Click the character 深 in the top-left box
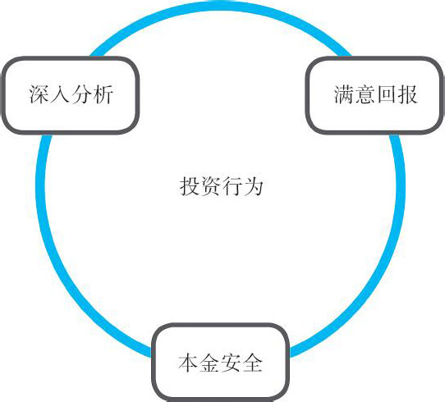click(x=39, y=94)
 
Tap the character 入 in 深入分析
click(x=60, y=94)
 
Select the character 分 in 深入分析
click(x=81, y=94)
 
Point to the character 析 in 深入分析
click(x=103, y=94)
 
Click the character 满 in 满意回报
click(x=344, y=94)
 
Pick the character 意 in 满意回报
click(x=365, y=94)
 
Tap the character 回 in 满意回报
click(x=386, y=94)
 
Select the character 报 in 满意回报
click(x=407, y=94)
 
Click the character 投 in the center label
click(x=190, y=186)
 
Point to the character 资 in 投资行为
click(x=211, y=186)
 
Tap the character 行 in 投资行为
click(x=232, y=186)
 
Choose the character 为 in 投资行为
click(x=253, y=186)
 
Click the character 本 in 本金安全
click(x=189, y=363)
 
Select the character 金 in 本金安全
click(x=209, y=363)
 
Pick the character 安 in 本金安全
click(x=231, y=363)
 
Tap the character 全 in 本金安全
click(x=252, y=363)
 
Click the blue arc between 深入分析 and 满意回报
click(x=221, y=7)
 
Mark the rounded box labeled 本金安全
click(x=221, y=363)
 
